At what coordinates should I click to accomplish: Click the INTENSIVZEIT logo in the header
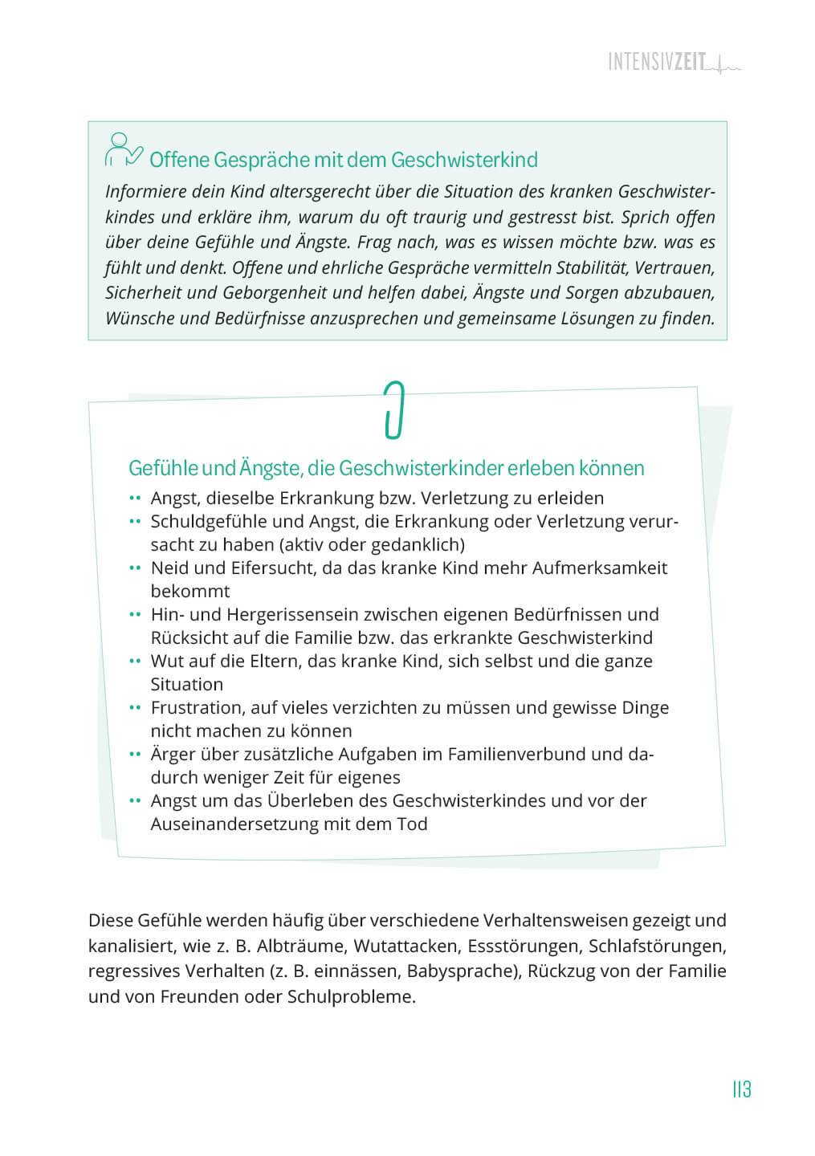coord(673,62)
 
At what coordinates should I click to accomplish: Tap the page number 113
coord(741,1089)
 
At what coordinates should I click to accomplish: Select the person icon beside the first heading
coord(123,150)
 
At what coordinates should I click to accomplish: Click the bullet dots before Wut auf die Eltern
coord(135,661)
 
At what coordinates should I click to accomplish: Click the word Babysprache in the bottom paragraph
coord(462,971)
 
